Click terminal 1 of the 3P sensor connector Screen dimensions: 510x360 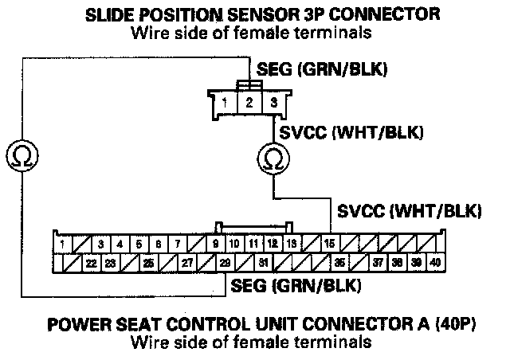point(227,102)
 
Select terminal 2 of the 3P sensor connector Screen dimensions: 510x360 point(249,102)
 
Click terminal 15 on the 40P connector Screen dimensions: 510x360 point(329,243)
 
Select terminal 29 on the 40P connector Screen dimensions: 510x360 point(225,261)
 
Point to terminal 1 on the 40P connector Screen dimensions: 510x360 point(61,243)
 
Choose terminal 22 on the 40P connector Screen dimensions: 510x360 point(91,261)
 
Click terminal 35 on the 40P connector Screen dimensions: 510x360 point(339,261)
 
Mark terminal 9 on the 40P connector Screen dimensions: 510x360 point(216,243)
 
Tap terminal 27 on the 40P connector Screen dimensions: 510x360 point(186,261)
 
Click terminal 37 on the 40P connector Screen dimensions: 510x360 point(378,261)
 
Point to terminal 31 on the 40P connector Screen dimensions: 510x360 point(263,261)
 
